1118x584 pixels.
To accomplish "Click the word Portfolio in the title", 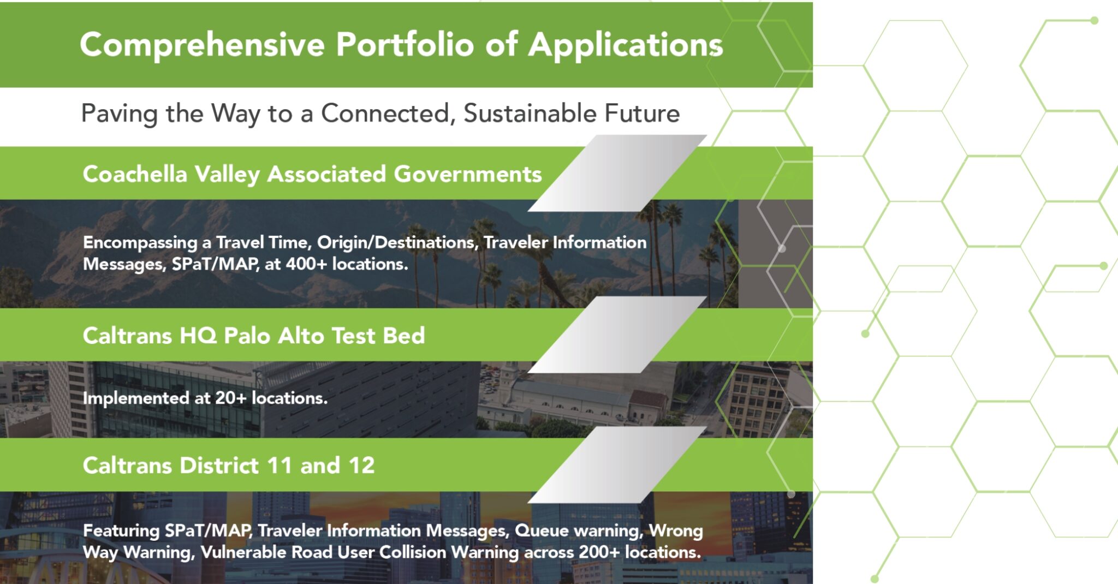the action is (x=405, y=44).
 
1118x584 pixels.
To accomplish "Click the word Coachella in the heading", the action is (x=135, y=174).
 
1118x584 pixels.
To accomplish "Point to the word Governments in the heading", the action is (x=468, y=174).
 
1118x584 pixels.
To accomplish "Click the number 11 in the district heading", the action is (x=279, y=466).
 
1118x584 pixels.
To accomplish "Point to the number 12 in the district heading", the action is (x=361, y=466).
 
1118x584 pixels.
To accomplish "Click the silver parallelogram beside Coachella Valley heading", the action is (x=617, y=173).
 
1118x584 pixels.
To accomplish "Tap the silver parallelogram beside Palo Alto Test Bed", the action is (x=617, y=335).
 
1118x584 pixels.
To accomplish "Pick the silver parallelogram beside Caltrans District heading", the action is (x=617, y=464).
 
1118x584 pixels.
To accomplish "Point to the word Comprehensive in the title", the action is (x=202, y=45).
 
